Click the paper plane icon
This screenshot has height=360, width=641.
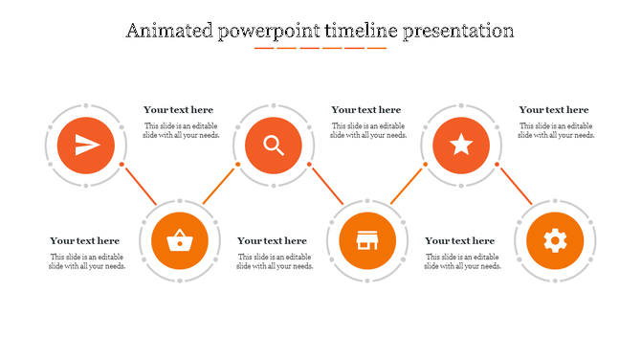[x=86, y=146]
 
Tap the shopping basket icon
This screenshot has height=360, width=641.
[x=179, y=240]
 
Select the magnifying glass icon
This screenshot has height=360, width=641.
[x=274, y=146]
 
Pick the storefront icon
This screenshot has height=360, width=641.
[x=366, y=240]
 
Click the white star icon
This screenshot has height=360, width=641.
[x=461, y=146]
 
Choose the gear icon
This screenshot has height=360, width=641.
[x=555, y=240]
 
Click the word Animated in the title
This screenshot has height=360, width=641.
[x=169, y=31]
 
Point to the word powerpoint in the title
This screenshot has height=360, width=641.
[x=268, y=32]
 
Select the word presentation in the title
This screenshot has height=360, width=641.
[x=458, y=32]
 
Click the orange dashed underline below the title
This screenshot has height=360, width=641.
[x=320, y=47]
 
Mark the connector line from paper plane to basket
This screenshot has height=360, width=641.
[x=139, y=184]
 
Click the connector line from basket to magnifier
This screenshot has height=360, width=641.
[x=219, y=185]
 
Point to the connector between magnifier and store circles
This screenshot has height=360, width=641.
[x=326, y=184]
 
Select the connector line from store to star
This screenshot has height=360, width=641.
[x=407, y=185]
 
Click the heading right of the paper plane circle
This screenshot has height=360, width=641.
[x=179, y=110]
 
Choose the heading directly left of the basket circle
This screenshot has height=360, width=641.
[x=85, y=241]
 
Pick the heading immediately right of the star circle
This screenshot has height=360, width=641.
[x=554, y=110]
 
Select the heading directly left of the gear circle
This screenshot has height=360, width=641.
[x=460, y=241]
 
